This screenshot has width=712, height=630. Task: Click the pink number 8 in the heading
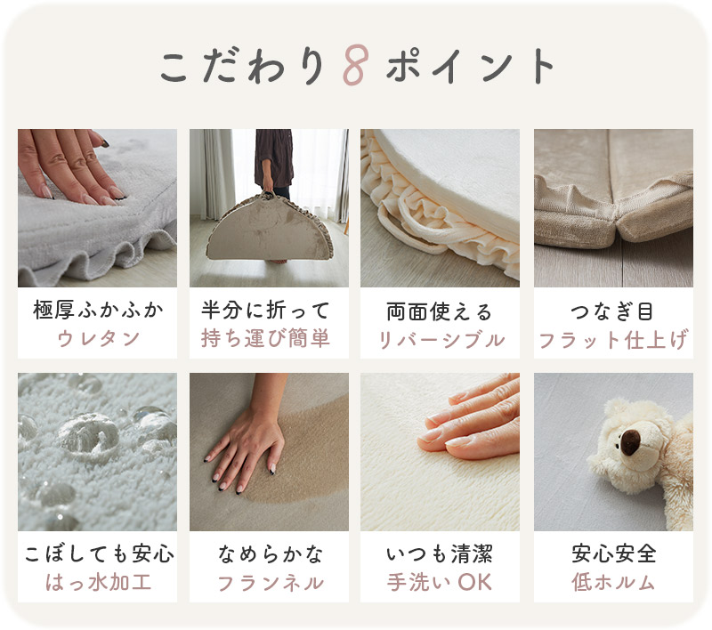355,65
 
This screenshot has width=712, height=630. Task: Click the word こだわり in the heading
242,65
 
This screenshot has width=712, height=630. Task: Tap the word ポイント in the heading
471,65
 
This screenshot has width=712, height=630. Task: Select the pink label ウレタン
98,339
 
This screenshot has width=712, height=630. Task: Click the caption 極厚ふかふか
98,310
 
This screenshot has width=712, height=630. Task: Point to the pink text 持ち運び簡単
265,339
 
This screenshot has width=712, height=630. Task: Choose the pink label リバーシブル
441,340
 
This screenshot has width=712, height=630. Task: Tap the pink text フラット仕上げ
613,340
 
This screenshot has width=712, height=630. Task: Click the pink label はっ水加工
98,582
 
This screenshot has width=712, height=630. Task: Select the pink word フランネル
271,583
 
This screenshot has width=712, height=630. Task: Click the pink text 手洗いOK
439,582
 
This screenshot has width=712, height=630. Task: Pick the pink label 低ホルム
613,582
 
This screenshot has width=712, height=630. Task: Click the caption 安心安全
613,553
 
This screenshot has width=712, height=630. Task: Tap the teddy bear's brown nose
630,441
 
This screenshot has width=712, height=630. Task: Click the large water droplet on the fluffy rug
89,433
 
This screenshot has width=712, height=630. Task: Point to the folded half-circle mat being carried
270,229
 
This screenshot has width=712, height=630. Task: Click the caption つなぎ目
612,311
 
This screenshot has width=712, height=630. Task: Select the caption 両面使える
439,312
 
